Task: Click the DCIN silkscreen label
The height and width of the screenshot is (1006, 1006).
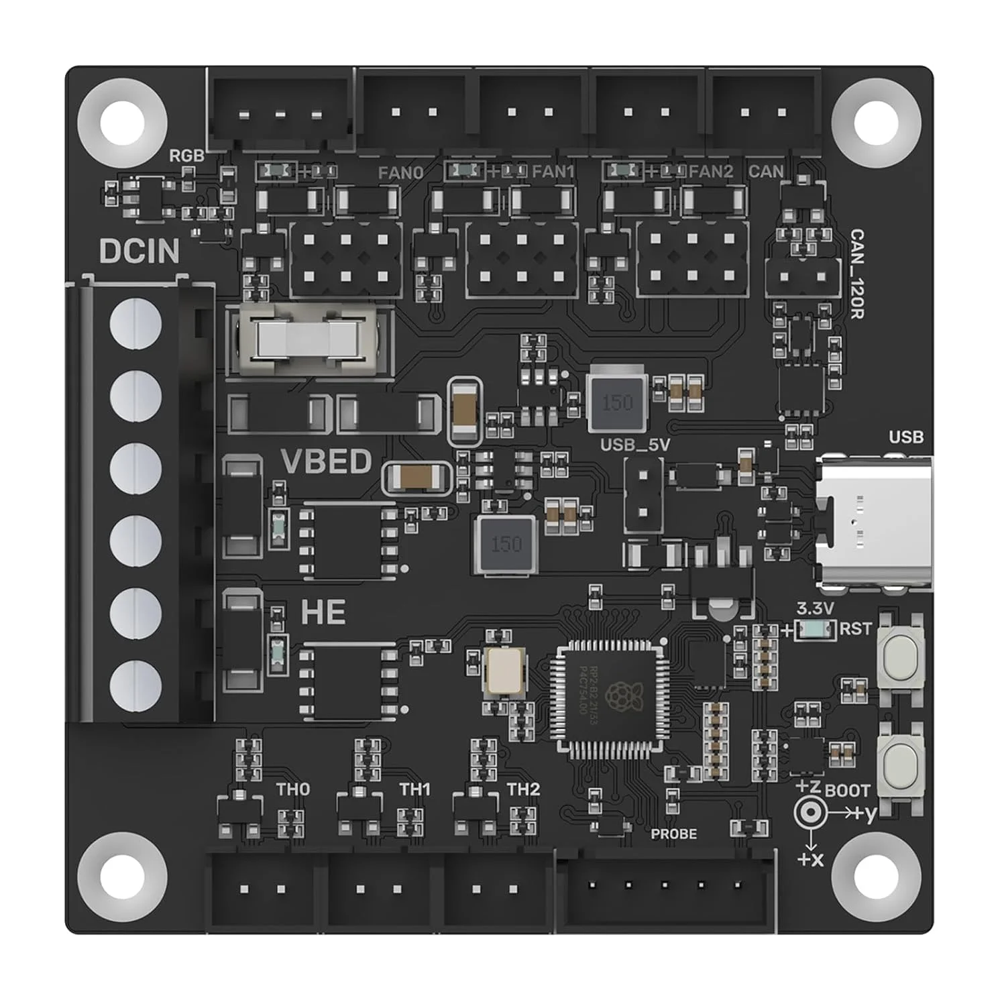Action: click(x=139, y=251)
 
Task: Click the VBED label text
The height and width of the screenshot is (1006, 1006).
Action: click(x=326, y=462)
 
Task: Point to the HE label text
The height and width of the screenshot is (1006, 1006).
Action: click(x=323, y=613)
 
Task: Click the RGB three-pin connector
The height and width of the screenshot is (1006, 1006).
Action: click(x=280, y=111)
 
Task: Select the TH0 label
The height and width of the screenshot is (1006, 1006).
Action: click(x=293, y=789)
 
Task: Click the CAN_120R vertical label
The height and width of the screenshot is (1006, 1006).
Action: click(x=856, y=273)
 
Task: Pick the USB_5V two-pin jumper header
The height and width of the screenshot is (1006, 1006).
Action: click(x=643, y=494)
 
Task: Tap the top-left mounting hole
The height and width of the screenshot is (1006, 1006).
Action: click(x=122, y=122)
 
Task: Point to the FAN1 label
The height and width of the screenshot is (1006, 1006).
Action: click(x=553, y=172)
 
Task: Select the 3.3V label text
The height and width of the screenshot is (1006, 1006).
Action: click(x=815, y=609)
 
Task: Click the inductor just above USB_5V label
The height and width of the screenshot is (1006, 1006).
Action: click(x=616, y=402)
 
